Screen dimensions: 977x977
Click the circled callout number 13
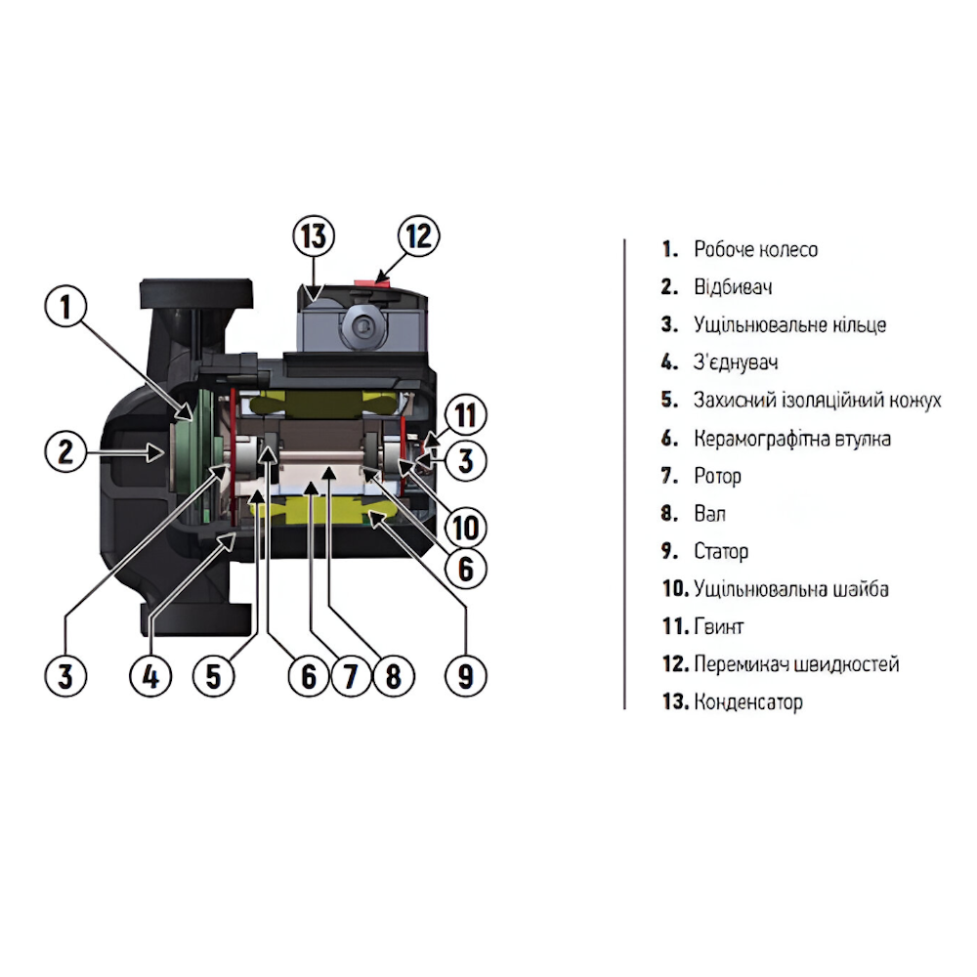tap(314, 236)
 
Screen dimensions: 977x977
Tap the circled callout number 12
tap(418, 236)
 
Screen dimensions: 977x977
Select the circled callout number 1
tap(65, 307)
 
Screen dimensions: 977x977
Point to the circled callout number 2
tap(65, 451)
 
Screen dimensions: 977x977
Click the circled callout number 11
tap(465, 415)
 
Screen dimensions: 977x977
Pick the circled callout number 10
tap(465, 528)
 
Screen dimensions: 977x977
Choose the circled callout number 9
tap(465, 676)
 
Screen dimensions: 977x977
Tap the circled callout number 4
tap(150, 676)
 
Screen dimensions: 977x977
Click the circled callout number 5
tap(213, 676)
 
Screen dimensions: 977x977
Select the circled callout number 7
tap(351, 676)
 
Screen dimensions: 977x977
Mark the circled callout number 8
tap(393, 676)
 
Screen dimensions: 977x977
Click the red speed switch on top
tap(371, 283)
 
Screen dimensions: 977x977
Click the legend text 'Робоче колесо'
tap(755, 249)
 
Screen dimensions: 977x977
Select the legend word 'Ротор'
tap(717, 477)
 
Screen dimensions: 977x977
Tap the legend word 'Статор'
tap(721, 551)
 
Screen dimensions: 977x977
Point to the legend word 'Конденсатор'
tap(747, 702)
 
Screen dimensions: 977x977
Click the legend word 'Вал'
tap(709, 514)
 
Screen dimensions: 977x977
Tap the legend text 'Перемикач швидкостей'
tap(796, 664)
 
